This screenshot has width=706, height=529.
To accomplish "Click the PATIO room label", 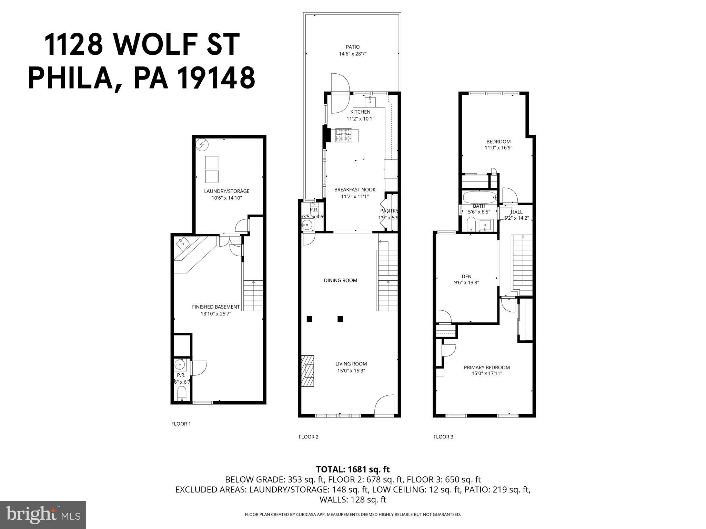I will pos(353,47).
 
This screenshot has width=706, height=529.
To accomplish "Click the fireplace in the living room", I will pos(308,371).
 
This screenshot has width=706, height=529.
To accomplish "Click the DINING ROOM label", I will pos(340,280).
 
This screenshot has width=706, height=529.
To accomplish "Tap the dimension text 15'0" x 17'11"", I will pos(486,374).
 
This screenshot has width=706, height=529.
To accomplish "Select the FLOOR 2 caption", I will pos(308,437).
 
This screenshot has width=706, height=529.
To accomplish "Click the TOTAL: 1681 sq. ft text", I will pos(353,469).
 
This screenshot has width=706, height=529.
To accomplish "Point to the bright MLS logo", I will pos(43,515).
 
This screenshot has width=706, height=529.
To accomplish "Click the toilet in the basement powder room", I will pos(181,393).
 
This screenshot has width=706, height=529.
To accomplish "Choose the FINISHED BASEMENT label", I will pos(215,307).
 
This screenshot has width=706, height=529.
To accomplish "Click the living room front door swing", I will pos(384,406).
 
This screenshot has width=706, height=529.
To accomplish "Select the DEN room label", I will pos(466,276).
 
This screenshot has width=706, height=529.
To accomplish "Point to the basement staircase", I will pos(253,295).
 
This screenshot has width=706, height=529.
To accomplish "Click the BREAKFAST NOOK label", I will pos(355,189).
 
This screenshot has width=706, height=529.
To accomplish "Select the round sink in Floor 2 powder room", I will pos(306,226).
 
